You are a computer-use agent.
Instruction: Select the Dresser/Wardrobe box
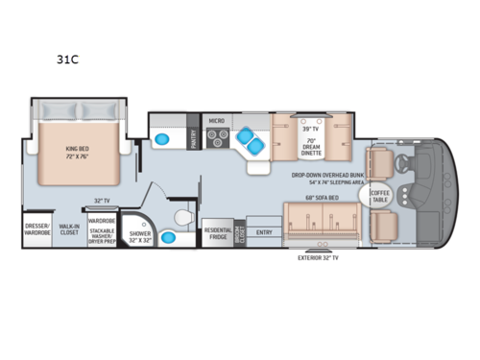click(x=36, y=230)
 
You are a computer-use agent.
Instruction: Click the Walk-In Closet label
click(x=69, y=230)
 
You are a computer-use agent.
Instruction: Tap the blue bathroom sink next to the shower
click(x=168, y=236)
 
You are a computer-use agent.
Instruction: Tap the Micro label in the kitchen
click(x=217, y=121)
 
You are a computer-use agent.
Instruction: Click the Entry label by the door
click(x=265, y=232)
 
